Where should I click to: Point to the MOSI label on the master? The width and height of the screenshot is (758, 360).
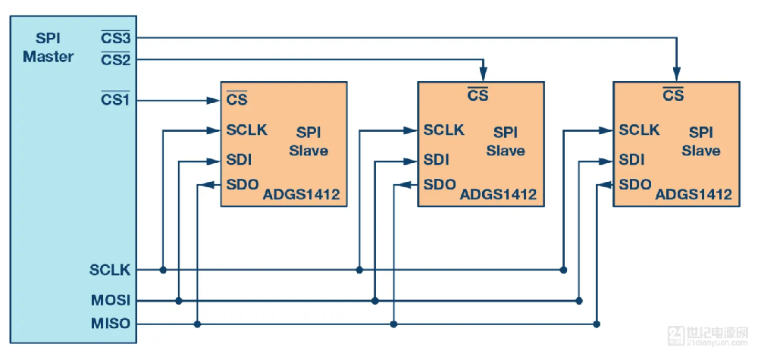111,301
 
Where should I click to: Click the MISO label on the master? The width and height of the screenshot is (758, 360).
111,324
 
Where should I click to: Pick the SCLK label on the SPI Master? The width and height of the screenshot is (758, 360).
110,270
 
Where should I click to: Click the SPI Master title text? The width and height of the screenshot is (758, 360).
49,48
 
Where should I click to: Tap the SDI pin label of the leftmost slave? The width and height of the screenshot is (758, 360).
239,161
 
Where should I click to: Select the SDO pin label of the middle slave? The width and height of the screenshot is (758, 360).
440,184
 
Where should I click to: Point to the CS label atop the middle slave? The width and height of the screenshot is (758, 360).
478,95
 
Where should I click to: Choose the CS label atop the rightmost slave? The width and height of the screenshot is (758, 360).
673,95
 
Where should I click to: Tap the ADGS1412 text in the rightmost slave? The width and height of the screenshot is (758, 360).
694,195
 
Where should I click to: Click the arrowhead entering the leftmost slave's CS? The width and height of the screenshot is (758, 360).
215,99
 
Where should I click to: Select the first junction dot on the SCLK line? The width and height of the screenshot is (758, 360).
163,270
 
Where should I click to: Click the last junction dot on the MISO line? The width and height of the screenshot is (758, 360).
597,324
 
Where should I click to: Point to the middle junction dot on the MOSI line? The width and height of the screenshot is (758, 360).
375,301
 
